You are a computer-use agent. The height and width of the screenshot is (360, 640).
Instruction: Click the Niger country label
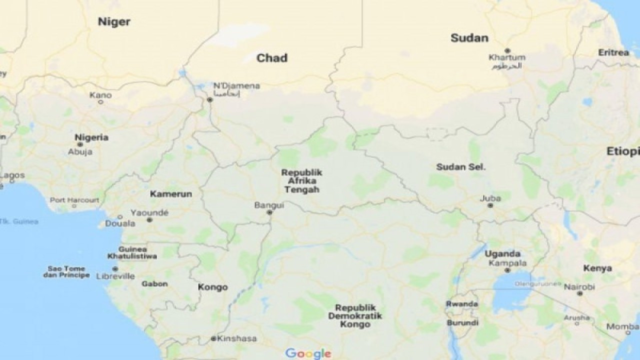(114, 21)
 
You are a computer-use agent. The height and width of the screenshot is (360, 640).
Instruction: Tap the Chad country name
(271, 58)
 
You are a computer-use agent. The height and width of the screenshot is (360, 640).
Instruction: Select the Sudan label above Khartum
(469, 38)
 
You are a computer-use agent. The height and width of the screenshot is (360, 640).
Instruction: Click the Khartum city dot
(507, 50)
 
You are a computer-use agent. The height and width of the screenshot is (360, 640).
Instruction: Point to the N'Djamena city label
(236, 86)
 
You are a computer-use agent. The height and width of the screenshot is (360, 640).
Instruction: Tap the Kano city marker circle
(100, 102)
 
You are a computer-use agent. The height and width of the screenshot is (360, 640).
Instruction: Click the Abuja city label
(80, 152)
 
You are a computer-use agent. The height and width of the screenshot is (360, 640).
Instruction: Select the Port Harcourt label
(74, 200)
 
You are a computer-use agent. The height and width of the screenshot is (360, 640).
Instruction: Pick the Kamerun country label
(171, 193)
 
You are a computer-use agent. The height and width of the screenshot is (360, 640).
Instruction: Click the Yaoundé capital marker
(149, 220)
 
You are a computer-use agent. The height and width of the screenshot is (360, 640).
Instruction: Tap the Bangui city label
(269, 204)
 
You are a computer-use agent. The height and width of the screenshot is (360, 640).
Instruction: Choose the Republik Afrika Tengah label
(301, 181)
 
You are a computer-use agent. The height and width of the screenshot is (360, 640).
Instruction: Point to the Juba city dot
(490, 205)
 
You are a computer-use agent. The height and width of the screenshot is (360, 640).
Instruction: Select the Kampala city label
(507, 263)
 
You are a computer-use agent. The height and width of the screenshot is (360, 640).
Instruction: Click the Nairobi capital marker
(579, 293)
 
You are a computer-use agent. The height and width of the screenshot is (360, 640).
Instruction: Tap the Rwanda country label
(462, 304)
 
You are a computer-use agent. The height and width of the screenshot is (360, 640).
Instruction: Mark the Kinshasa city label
(237, 338)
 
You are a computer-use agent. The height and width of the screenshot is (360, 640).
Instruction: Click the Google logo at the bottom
(308, 353)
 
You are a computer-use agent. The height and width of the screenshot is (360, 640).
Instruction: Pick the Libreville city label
(115, 276)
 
